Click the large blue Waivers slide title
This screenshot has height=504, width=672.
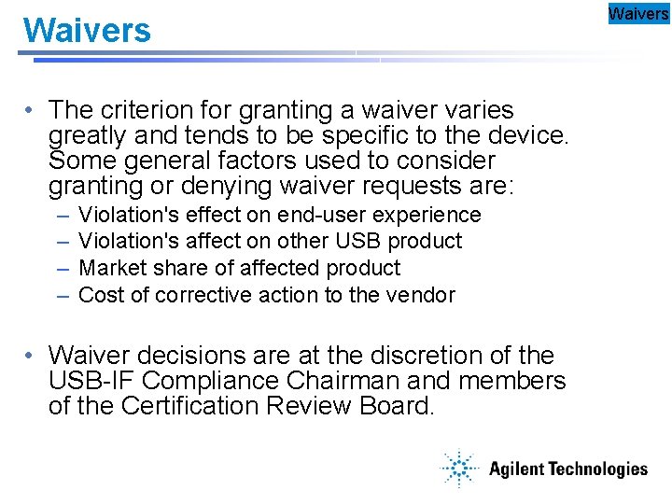point(87,31)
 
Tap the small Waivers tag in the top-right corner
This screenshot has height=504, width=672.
point(638,13)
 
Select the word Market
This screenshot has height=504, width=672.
point(110,268)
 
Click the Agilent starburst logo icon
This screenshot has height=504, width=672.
point(458,469)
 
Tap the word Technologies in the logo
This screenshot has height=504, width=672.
point(593,469)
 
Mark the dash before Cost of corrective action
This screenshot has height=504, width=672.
point(62,295)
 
